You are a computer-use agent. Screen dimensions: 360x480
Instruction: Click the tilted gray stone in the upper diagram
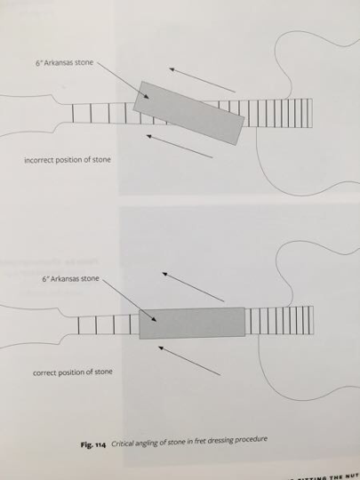[x=188, y=113]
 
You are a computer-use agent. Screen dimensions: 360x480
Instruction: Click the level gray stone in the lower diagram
[x=192, y=323]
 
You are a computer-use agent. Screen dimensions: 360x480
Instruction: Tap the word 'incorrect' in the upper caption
[x=37, y=160]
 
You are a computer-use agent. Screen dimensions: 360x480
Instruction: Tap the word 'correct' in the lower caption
[x=43, y=373]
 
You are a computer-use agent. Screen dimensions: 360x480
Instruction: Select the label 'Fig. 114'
[x=93, y=444]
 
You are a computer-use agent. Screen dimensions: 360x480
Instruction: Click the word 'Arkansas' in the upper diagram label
[x=58, y=63]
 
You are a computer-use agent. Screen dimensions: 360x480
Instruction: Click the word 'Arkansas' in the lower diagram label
[x=65, y=279]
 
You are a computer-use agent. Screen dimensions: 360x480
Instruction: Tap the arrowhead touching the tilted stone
[x=147, y=97]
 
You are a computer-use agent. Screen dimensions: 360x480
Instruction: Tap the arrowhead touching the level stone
[x=154, y=319]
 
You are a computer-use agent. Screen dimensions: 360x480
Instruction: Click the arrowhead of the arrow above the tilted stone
[x=172, y=69]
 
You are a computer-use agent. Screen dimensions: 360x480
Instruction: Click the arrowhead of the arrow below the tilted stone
[x=149, y=136]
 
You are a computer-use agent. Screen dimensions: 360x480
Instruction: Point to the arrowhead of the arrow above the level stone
[x=164, y=274]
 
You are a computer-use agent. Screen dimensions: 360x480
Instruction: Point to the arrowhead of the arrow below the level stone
[x=161, y=348]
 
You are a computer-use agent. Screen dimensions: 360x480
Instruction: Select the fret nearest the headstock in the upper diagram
[x=73, y=114]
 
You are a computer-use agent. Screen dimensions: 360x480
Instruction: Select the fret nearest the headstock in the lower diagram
[x=79, y=325]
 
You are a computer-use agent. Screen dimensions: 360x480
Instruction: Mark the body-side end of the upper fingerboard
[x=312, y=113]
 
